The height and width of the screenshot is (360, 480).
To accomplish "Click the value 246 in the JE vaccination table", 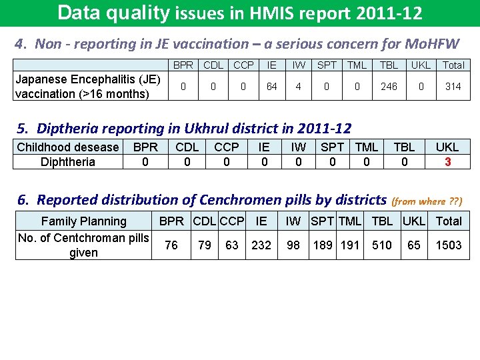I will pos(389,86).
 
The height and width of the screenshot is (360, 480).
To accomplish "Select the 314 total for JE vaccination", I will pos(453,86).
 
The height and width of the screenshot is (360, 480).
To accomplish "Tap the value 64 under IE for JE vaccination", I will pos(272,86).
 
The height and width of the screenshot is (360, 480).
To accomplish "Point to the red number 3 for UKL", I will pos(447,162).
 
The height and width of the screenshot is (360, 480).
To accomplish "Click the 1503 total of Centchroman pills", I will pos(449,245).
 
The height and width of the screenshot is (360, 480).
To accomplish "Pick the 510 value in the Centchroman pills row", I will pos(382,245).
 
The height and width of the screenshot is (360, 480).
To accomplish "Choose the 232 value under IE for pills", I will pos(261,245).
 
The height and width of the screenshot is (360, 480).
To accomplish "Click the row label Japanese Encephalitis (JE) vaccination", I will pos(83,87).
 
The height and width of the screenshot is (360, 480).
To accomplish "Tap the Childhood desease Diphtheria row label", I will pos(67,155).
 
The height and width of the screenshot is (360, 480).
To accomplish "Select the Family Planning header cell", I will pos(84,221).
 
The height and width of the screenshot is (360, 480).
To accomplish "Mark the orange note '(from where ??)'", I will pos(427,201).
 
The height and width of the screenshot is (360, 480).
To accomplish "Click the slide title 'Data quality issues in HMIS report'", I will pos(240,13).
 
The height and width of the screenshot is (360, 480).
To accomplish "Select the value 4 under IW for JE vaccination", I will pos(299,86).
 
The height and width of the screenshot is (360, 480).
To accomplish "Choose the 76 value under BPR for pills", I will pos(171,245).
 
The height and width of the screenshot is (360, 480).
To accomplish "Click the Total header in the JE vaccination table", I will pos(453,65).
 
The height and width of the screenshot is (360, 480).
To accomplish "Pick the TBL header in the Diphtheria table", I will pos(404,147).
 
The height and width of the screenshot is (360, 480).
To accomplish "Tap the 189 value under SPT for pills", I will pos(323,245).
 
